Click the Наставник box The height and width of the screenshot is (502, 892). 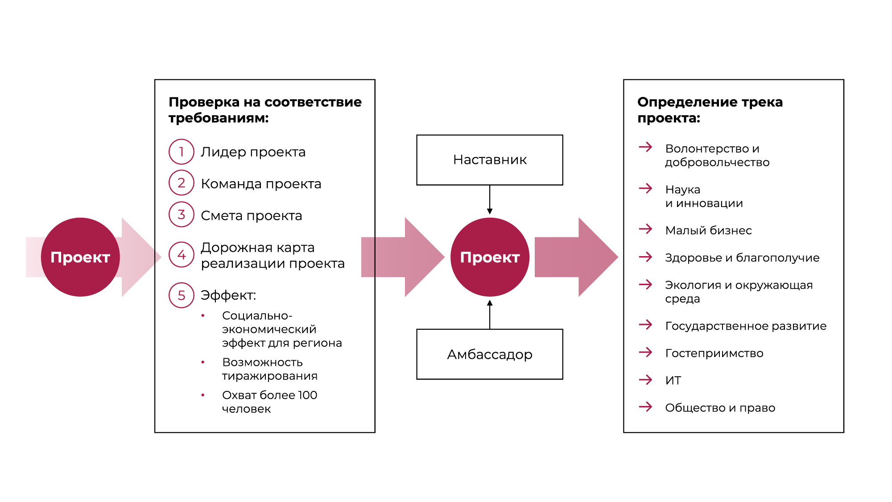point(490,160)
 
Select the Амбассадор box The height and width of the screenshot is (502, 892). point(490,354)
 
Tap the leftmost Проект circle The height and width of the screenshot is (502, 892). point(80,257)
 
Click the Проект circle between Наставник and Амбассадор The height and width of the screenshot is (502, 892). point(490,257)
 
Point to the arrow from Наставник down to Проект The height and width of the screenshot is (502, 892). point(490,199)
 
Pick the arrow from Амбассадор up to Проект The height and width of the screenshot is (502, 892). point(490,315)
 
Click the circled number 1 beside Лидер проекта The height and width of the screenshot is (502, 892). point(182,152)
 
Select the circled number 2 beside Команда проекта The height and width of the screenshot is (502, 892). point(182,183)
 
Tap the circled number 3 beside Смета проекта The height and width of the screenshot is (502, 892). point(182,215)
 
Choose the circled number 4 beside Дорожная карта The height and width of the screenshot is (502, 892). point(182,255)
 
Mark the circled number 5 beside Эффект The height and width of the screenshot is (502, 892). point(182,295)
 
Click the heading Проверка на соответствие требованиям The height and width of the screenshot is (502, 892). point(265,110)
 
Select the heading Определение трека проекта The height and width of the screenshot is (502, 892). point(710,110)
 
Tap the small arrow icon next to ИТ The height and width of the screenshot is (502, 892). point(645,380)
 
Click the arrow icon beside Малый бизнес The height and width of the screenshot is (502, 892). point(645,229)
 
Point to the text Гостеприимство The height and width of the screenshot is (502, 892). point(714,353)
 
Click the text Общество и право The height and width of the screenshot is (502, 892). point(720,408)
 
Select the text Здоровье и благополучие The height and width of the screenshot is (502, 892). point(742,258)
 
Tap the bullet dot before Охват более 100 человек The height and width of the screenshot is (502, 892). point(203,395)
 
